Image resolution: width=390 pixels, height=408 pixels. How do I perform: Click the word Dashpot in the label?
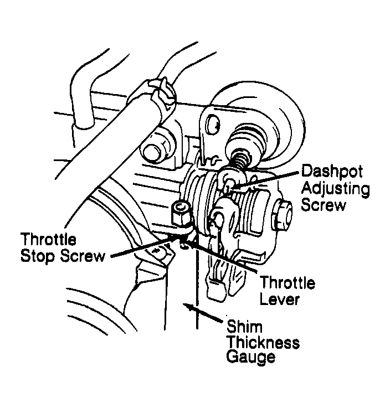331,171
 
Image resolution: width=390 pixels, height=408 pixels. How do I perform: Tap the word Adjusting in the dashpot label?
335,189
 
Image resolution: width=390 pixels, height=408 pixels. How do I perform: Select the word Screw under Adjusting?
324,205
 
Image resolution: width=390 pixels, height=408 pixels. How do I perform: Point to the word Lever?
279,299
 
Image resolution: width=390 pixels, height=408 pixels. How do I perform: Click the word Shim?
244,326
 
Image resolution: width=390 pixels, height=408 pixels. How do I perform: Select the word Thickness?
263,342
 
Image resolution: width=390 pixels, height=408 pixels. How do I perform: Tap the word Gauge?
251,357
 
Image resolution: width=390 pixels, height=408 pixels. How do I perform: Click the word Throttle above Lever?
288,283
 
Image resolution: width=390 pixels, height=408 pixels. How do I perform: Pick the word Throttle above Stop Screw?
48,240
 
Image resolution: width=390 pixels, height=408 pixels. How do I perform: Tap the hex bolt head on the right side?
281,215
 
